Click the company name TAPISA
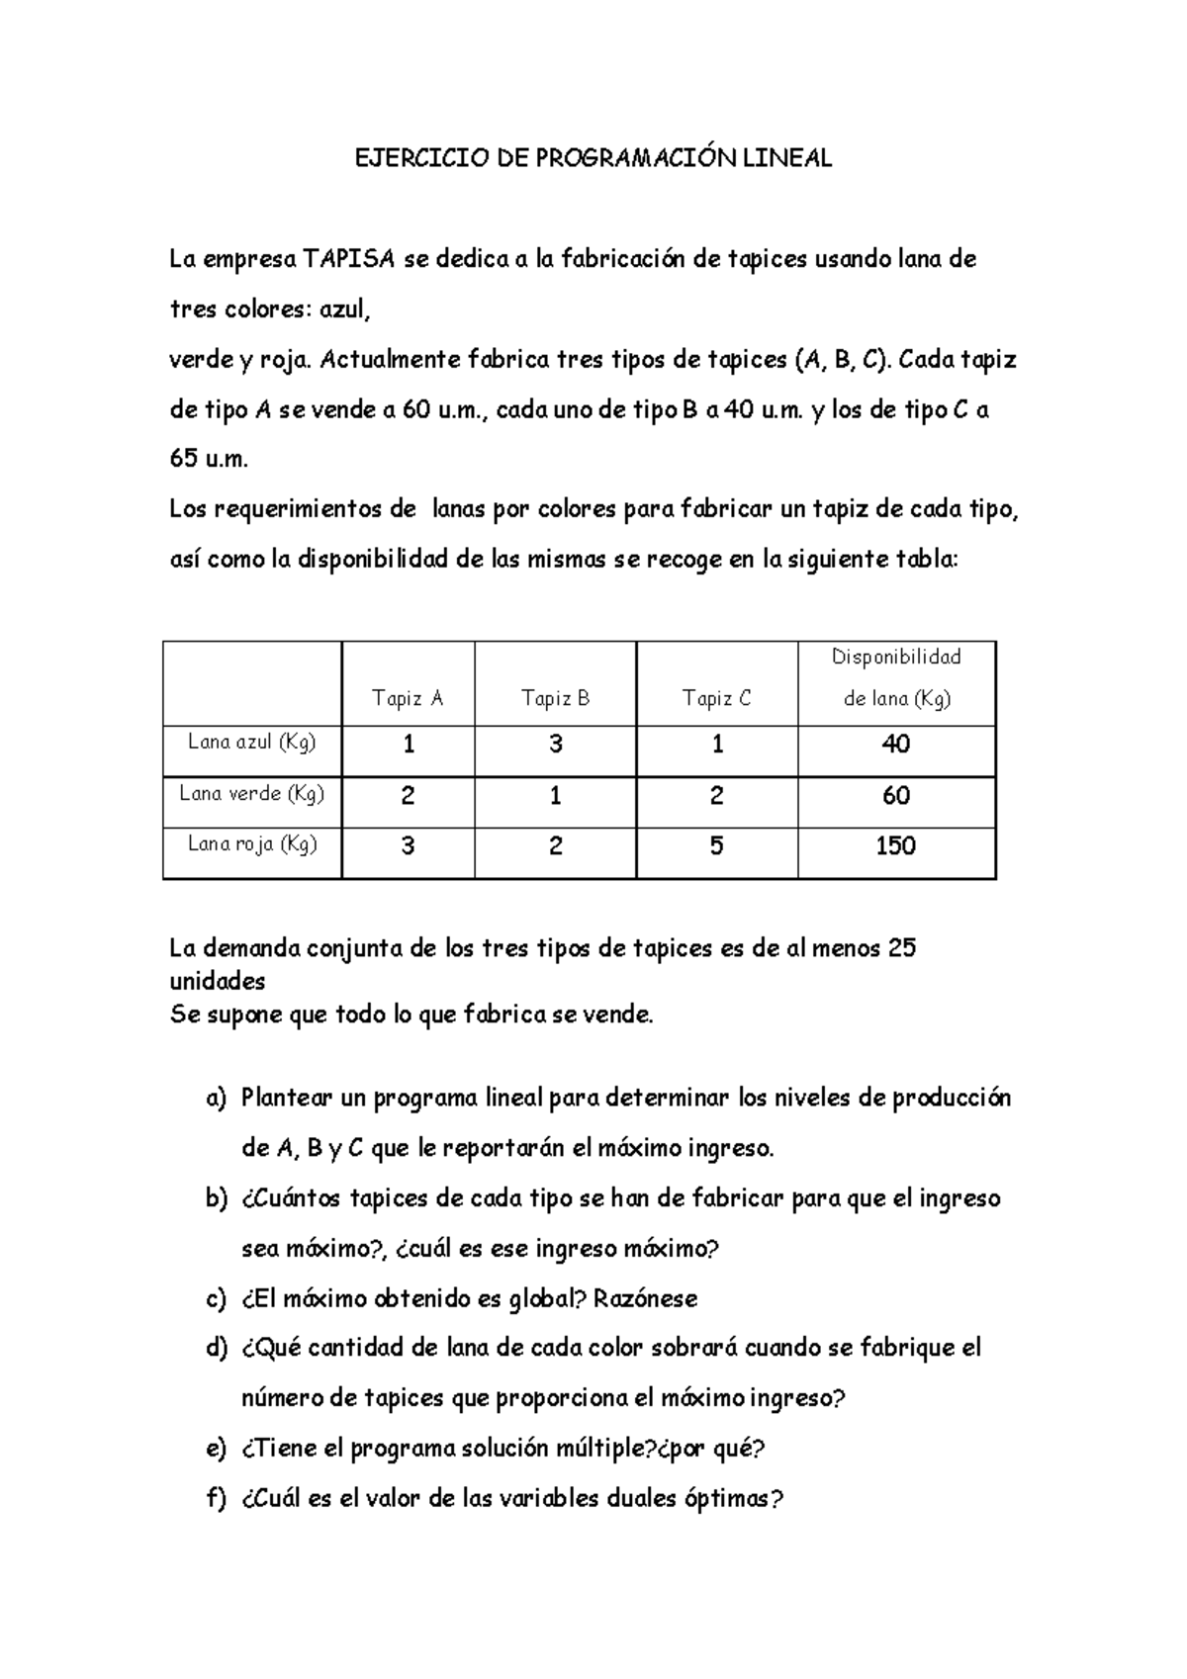349,259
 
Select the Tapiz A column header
408,699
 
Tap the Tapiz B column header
555,699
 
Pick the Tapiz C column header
716,699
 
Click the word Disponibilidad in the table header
896,657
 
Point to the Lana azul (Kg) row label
251,742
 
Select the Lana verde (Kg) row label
251,793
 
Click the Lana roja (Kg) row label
251,843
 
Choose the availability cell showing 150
895,845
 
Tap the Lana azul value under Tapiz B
555,744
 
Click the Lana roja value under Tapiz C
716,845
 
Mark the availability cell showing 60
895,795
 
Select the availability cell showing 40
895,744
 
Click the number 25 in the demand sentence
902,948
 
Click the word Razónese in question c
645,1298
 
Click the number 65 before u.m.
185,460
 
